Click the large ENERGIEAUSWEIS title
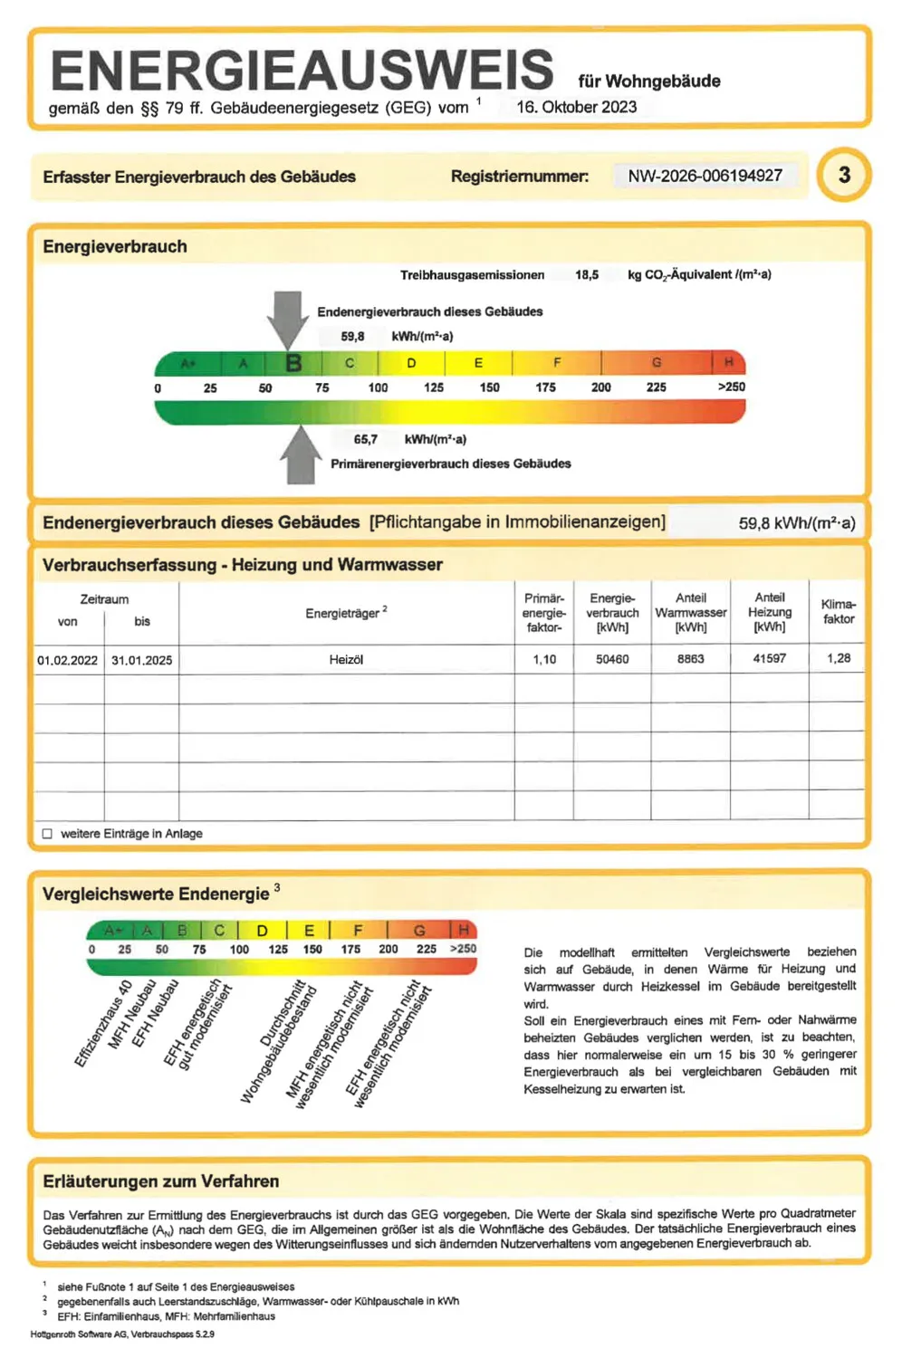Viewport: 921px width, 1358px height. tap(302, 71)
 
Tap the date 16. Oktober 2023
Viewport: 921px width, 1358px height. tap(576, 107)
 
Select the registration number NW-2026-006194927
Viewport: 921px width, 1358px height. tap(705, 176)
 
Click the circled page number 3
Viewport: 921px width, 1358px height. tap(843, 175)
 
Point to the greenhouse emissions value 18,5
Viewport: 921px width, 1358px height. tap(586, 274)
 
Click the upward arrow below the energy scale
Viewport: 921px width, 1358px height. tap(300, 454)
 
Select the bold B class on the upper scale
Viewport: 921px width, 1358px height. tap(293, 363)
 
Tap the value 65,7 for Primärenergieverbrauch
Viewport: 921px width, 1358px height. tap(366, 439)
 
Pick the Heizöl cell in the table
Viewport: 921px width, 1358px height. tap(346, 659)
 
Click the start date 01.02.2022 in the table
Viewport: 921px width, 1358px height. tap(68, 660)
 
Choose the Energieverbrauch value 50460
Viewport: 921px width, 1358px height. tap(612, 659)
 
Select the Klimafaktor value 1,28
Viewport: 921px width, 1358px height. tap(838, 658)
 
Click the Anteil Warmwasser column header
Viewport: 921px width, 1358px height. tap(690, 612)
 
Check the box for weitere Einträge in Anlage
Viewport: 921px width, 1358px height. tap(47, 834)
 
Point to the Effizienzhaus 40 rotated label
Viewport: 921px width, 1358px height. tap(103, 1023)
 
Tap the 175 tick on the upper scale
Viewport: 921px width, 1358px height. tap(545, 387)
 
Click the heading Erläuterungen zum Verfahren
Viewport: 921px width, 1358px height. tap(160, 1181)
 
